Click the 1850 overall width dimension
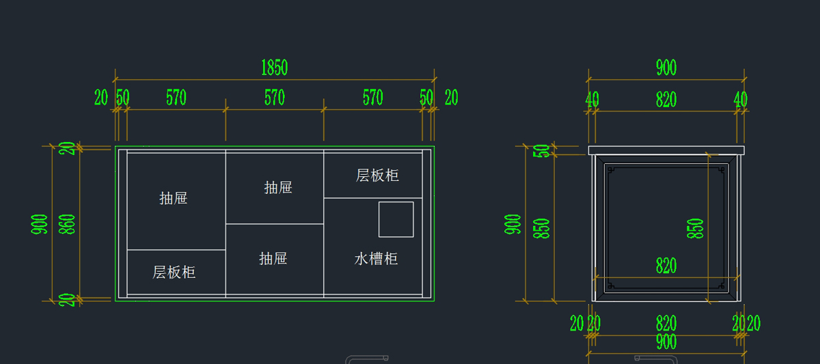(275, 68)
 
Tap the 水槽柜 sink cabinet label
(376, 259)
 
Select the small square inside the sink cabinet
(396, 219)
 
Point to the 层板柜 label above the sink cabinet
(377, 176)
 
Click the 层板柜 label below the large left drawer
(174, 272)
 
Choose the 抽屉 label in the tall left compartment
(174, 198)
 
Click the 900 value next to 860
(39, 224)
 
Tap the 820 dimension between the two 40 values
(666, 100)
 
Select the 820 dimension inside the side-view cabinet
(666, 266)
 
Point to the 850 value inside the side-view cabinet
(695, 229)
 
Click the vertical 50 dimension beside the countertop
(541, 151)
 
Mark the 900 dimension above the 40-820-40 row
(666, 68)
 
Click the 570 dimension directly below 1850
(275, 98)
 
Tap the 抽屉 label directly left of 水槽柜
(273, 259)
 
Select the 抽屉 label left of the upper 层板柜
(278, 188)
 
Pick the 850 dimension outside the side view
(541, 229)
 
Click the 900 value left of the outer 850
(512, 224)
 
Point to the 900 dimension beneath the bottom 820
(666, 342)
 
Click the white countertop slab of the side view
(666, 150)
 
